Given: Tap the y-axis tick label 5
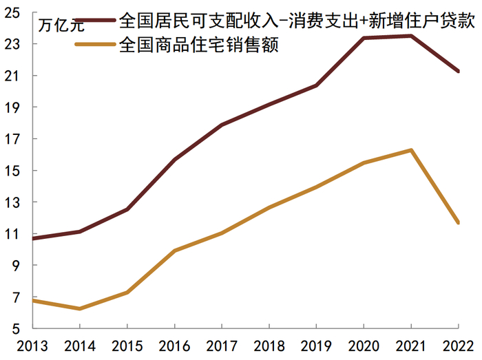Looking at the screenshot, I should (17, 329).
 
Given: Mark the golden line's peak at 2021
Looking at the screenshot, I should (411, 150).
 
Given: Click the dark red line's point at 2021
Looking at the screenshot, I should (411, 36).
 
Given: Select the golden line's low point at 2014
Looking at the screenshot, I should (80, 308).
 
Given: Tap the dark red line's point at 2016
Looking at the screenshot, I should (175, 159).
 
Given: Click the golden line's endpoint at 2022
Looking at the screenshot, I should (458, 222).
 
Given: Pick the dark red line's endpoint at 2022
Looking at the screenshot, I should (458, 71).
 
